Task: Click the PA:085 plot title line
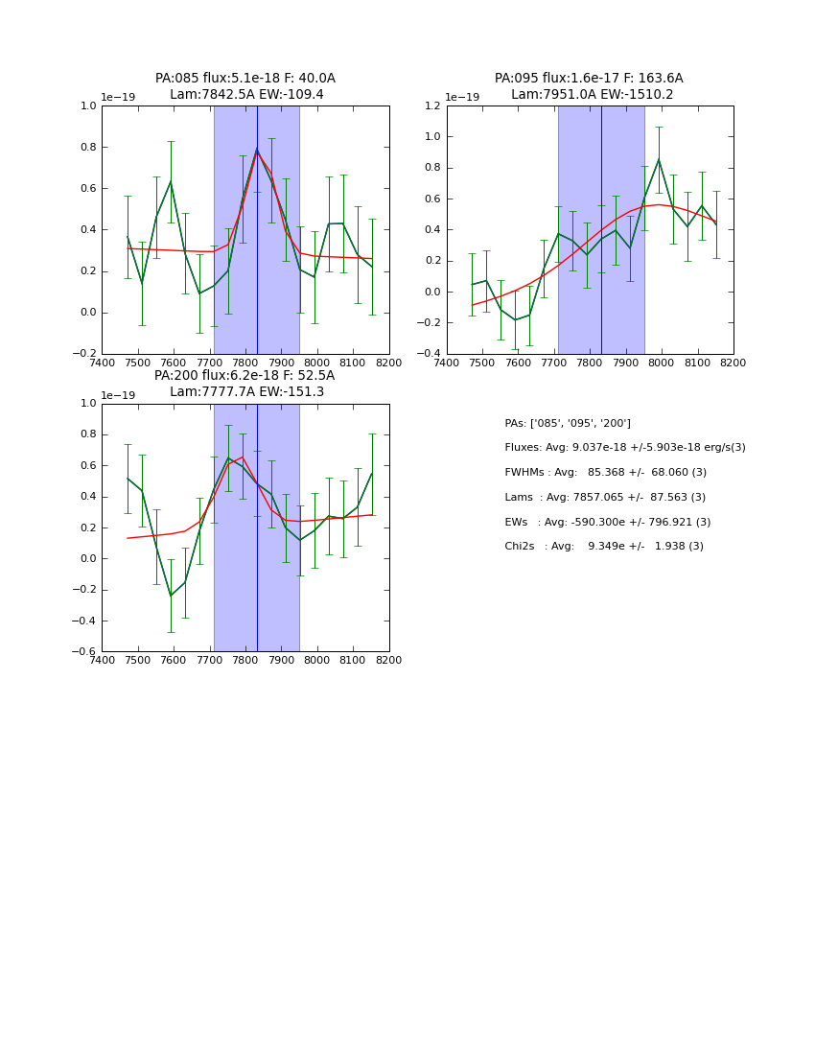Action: (245, 79)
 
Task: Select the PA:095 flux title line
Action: (589, 79)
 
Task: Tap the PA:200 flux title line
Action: (244, 376)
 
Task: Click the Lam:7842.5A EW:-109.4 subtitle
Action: (246, 95)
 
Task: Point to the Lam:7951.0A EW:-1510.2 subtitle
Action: (592, 95)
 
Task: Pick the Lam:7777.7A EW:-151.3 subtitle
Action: (246, 392)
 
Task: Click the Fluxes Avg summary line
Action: (624, 448)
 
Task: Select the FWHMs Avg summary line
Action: (605, 473)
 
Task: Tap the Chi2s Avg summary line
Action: (604, 547)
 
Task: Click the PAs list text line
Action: (568, 424)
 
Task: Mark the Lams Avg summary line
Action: (605, 498)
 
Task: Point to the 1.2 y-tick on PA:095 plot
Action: (431, 105)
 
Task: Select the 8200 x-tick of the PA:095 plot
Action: (733, 363)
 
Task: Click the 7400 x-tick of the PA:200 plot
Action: (102, 660)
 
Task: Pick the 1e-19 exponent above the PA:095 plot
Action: (463, 98)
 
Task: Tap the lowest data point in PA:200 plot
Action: (171, 596)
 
